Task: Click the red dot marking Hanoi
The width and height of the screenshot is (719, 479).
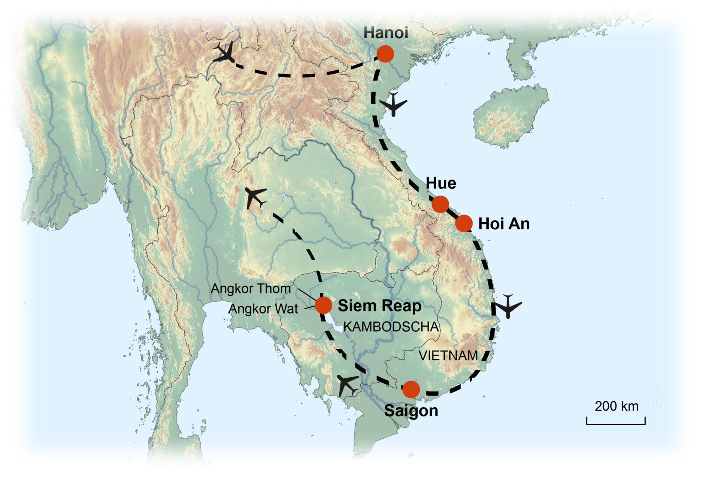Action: [x=385, y=54]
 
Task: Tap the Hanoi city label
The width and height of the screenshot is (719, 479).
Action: [x=386, y=33]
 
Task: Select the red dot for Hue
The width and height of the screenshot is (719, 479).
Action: [x=440, y=204]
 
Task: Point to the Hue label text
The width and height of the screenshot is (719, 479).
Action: [x=441, y=183]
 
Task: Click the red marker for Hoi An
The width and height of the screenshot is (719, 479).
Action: [x=464, y=223]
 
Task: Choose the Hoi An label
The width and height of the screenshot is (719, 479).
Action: [x=504, y=224]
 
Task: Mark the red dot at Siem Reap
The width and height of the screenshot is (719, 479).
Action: [x=323, y=305]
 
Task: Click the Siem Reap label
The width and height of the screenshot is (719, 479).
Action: [x=379, y=306]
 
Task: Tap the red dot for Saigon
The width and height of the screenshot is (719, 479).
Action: [x=411, y=390]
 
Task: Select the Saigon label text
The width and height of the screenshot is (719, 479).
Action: [x=411, y=411]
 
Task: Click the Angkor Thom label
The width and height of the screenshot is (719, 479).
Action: [x=251, y=289]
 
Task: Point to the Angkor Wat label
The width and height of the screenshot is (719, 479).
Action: [x=263, y=309]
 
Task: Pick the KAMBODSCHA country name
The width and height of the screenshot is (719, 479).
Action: [x=391, y=327]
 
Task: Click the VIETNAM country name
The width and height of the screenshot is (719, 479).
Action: [x=448, y=356]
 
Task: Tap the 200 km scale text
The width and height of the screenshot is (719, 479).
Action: [x=616, y=406]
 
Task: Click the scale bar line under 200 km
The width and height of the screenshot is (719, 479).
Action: [x=616, y=424]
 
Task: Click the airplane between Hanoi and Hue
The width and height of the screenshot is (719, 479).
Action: [x=393, y=104]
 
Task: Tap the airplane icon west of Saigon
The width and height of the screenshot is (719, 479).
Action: [x=347, y=384]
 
